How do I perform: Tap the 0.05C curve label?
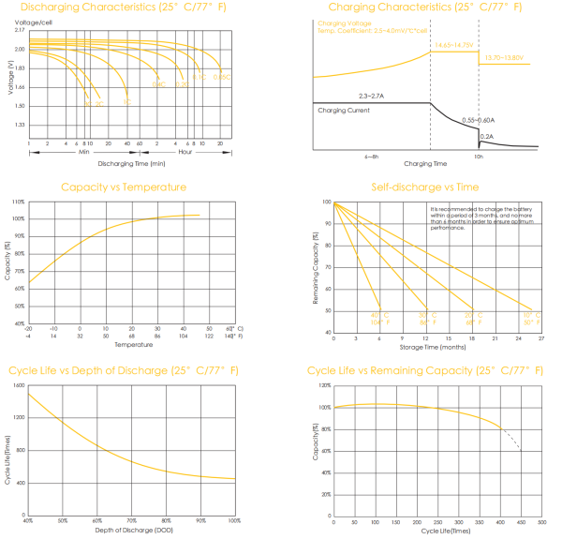221,76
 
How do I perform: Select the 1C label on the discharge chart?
126,102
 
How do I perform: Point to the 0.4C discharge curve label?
158,84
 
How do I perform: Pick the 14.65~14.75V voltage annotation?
451,44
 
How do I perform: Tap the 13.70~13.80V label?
504,58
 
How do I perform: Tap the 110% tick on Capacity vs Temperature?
19,202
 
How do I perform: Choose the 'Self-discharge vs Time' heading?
424,187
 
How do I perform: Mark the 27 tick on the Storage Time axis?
541,337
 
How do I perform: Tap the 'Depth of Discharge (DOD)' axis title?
131,531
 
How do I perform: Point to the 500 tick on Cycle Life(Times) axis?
540,522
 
